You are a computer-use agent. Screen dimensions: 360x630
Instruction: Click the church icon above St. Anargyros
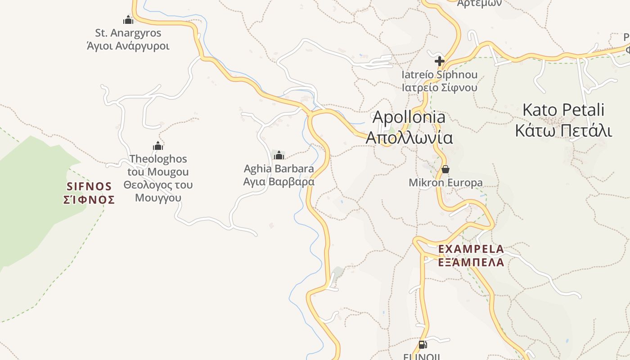128,20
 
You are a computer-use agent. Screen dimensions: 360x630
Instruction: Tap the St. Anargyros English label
128,33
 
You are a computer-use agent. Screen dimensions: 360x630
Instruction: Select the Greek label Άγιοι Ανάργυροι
128,46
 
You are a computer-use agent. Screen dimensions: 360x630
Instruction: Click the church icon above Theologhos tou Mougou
157,146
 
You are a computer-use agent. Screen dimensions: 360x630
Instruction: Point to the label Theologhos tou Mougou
158,165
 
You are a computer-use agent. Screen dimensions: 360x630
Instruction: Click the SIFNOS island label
89,186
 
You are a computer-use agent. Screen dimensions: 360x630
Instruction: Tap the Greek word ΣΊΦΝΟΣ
89,200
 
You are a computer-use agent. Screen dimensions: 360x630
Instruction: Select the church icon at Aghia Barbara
279,156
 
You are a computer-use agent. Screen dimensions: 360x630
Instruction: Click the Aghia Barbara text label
279,169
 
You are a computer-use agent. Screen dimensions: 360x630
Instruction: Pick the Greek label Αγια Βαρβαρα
279,182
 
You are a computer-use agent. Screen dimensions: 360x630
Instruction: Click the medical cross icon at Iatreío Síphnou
440,61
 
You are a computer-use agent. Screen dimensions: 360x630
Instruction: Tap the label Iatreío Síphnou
440,75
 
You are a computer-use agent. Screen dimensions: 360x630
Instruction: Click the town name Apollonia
409,117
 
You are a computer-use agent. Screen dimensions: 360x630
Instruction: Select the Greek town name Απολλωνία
409,137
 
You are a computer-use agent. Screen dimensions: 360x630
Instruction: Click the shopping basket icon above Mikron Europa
445,169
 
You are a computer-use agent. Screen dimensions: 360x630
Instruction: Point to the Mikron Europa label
445,183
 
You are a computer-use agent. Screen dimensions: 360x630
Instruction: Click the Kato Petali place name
563,110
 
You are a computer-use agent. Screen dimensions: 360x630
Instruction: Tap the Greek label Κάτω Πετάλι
563,130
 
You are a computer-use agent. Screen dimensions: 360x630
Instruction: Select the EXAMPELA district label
471,249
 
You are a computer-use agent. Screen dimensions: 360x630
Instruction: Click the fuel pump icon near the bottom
422,345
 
